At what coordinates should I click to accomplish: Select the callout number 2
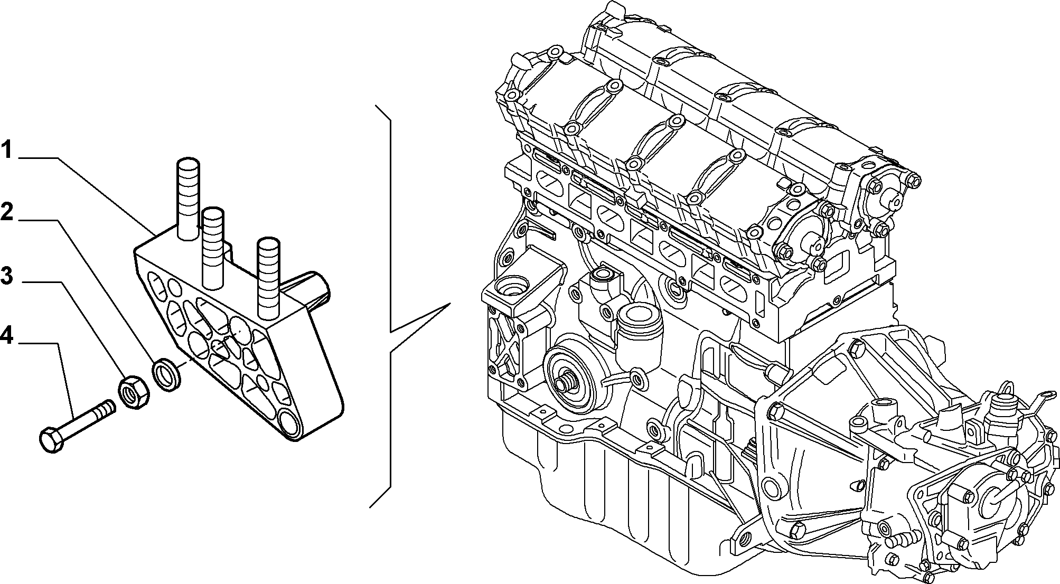click(6, 212)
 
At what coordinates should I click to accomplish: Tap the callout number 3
click(6, 275)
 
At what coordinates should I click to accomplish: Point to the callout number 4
click(7, 336)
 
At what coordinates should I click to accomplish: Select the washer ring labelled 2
click(167, 374)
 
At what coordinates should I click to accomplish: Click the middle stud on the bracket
click(214, 248)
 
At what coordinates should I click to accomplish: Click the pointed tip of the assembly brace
click(449, 304)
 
